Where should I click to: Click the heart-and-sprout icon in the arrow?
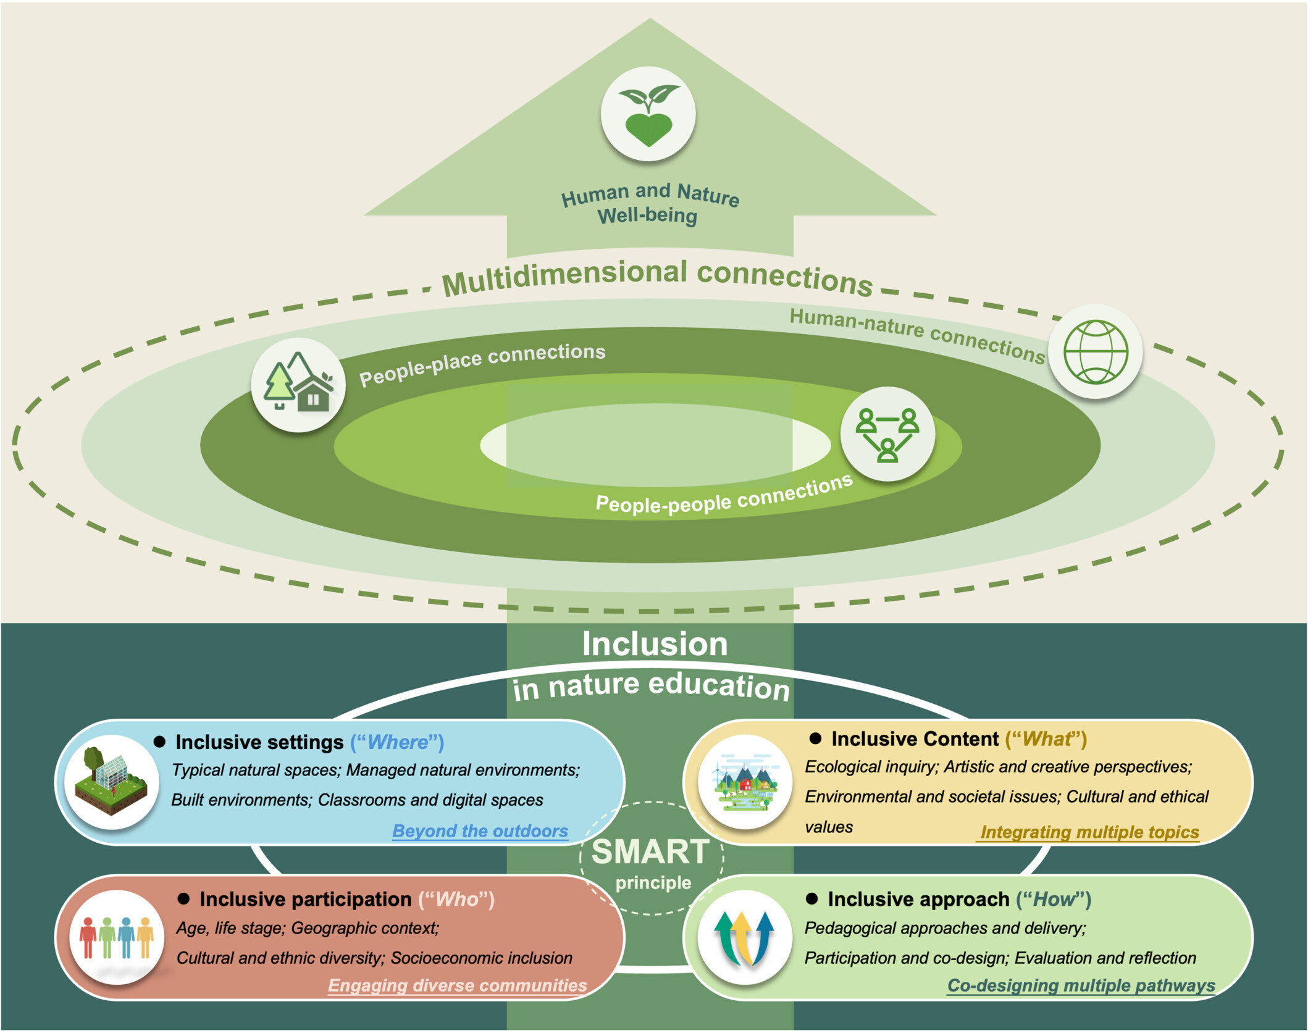pos(648,115)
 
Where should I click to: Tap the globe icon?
pos(1096,352)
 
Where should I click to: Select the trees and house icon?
pos(298,384)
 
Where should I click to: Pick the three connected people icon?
pos(887,434)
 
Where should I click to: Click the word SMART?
pos(650,852)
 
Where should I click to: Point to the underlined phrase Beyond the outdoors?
pos(480,831)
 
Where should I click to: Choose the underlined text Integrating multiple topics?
pos(1089,832)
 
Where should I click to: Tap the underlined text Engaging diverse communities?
pos(457,985)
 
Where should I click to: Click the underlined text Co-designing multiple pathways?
pos(1081,985)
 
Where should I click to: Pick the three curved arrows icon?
pos(744,937)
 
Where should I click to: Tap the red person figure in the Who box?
pos(88,937)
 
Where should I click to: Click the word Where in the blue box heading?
pos(397,742)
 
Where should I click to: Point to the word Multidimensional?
pos(564,277)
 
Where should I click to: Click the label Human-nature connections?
pos(916,333)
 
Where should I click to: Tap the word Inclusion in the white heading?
pos(655,645)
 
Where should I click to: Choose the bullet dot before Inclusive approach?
pos(812,899)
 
